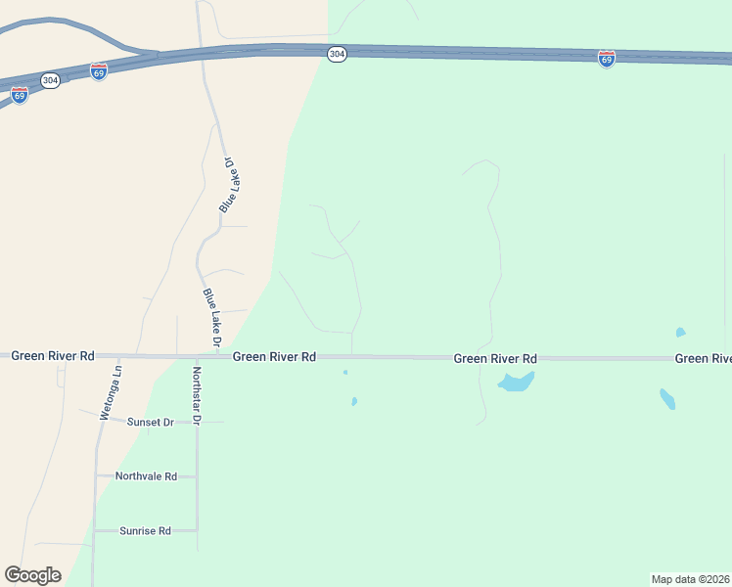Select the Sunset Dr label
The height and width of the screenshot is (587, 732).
[x=151, y=422]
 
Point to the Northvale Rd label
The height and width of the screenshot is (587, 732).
[x=146, y=476]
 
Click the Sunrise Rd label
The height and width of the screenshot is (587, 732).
[x=145, y=531]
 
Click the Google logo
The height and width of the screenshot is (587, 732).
[x=32, y=574]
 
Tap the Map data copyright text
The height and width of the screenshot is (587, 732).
[x=691, y=579]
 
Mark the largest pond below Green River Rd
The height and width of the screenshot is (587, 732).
[x=516, y=382]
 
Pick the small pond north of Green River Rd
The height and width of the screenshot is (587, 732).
[x=680, y=333]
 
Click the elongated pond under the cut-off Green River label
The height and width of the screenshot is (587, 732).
[x=667, y=398]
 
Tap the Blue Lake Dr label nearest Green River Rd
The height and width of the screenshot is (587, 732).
[x=211, y=316]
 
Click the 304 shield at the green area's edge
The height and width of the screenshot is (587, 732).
[x=337, y=55]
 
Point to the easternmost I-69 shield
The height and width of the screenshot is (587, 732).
[x=607, y=60]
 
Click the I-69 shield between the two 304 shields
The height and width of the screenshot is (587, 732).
[x=98, y=72]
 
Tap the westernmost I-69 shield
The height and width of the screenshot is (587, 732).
[x=20, y=95]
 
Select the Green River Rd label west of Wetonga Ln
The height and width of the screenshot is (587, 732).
[x=53, y=356]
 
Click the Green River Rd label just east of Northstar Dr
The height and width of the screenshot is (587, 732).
[x=274, y=357]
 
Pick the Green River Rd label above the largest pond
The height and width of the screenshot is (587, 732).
[x=495, y=359]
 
